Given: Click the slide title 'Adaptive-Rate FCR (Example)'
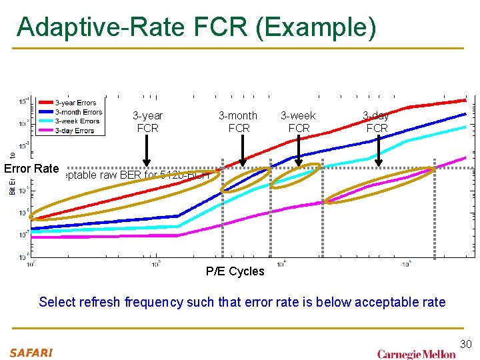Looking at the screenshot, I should (x=197, y=27).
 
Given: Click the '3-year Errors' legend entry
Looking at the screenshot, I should (x=75, y=103).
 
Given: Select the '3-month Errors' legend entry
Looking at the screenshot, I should (x=78, y=112).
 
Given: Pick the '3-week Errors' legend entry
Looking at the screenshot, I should (x=77, y=121).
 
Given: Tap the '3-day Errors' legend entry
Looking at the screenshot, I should (x=75, y=131).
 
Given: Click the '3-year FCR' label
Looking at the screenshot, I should (x=147, y=122).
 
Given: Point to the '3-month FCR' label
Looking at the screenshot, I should (x=238, y=122).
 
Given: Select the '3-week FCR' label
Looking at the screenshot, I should (x=298, y=122).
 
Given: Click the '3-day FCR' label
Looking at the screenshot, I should (x=377, y=122).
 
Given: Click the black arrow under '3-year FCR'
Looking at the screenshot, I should (x=147, y=151).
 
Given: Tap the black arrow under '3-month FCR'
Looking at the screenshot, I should (x=242, y=151).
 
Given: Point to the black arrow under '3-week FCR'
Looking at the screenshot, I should (x=299, y=151).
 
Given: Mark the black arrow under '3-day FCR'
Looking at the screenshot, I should (x=378, y=151).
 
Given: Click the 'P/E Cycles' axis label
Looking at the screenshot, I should (x=235, y=271).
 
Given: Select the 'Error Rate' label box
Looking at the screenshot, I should (x=31, y=169).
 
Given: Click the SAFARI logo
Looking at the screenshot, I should (x=31, y=351).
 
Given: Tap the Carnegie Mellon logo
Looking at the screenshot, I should (x=416, y=353).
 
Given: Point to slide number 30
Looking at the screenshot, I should (x=465, y=344).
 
